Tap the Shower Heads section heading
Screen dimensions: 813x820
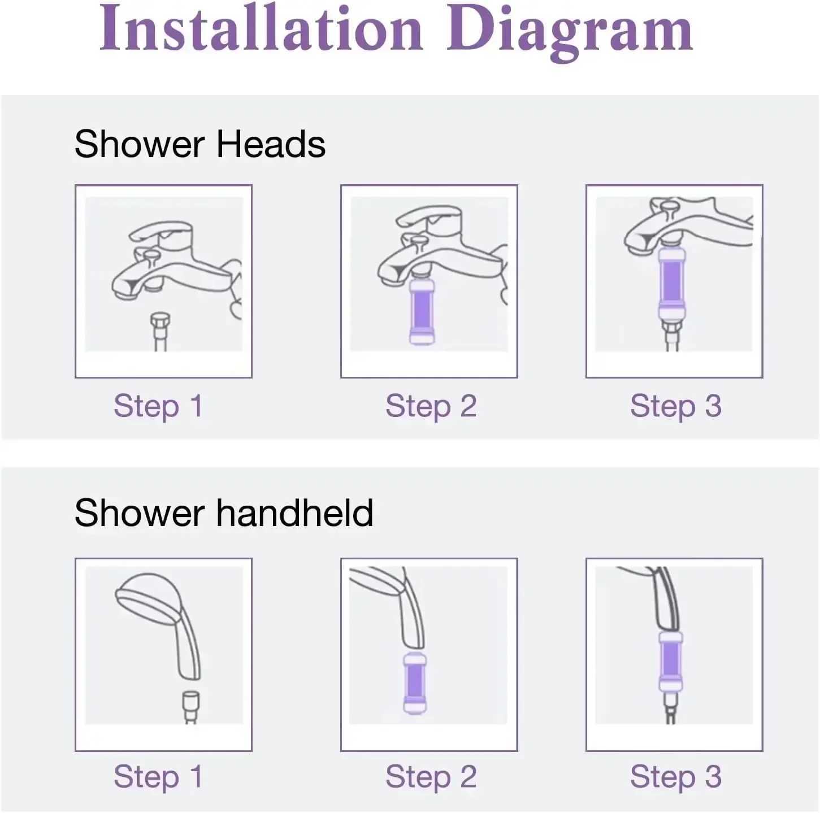tap(199, 144)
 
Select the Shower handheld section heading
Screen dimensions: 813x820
tap(224, 513)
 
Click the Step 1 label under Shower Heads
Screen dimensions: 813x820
tap(158, 406)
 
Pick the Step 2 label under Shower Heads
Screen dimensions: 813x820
tap(431, 406)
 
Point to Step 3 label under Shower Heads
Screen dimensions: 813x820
tap(675, 406)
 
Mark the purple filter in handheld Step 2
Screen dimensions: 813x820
tap(414, 683)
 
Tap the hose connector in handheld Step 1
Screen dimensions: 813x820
tap(190, 700)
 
